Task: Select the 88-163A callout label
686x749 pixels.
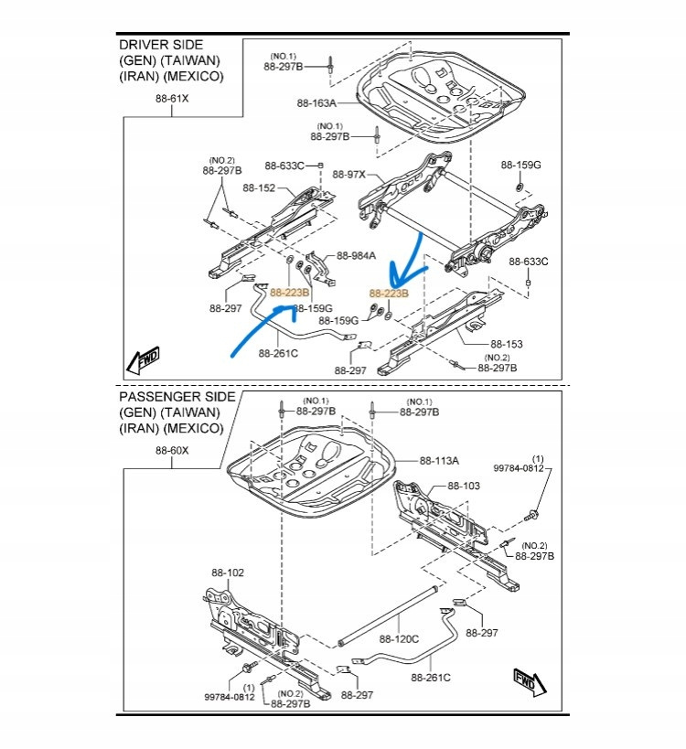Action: pyautogui.click(x=316, y=104)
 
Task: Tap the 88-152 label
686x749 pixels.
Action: pyautogui.click(x=260, y=188)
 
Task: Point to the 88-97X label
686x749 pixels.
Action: pyautogui.click(x=348, y=174)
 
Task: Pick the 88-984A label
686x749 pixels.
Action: pyautogui.click(x=355, y=255)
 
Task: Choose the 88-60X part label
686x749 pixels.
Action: pyautogui.click(x=171, y=450)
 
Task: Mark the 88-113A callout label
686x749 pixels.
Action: pyautogui.click(x=439, y=461)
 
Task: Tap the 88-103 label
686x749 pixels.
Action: pyautogui.click(x=463, y=486)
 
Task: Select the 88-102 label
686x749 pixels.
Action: pyautogui.click(x=228, y=572)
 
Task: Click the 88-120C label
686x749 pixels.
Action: pyautogui.click(x=399, y=639)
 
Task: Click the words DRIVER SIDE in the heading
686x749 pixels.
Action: pyautogui.click(x=161, y=44)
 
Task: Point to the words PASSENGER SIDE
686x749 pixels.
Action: pyautogui.click(x=177, y=397)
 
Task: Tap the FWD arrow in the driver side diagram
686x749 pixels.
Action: pyautogui.click(x=144, y=359)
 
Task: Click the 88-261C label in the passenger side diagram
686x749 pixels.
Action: pyautogui.click(x=431, y=678)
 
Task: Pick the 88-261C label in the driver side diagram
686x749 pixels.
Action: pyautogui.click(x=278, y=351)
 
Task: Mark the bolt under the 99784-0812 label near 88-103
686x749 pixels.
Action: pyautogui.click(x=531, y=517)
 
